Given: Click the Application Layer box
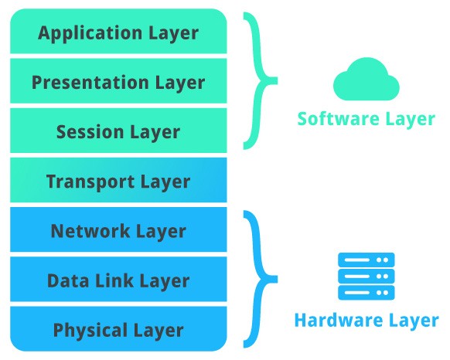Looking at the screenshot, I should pyautogui.click(x=118, y=32).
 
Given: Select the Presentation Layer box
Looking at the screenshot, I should pyautogui.click(x=118, y=82).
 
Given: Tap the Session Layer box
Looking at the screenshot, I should pyautogui.click(x=118, y=131).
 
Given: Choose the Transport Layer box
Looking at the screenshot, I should pyautogui.click(x=118, y=182).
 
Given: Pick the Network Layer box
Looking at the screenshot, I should pyautogui.click(x=118, y=230).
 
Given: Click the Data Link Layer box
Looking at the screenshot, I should pyautogui.click(x=118, y=280).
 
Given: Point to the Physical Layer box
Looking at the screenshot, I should pyautogui.click(x=118, y=330).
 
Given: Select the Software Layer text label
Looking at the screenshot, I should pyautogui.click(x=366, y=119).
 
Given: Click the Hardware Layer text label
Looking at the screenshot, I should pyautogui.click(x=366, y=319).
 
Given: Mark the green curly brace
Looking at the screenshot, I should pyautogui.click(x=261, y=80).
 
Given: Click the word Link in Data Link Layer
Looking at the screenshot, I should pyautogui.click(x=114, y=280).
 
